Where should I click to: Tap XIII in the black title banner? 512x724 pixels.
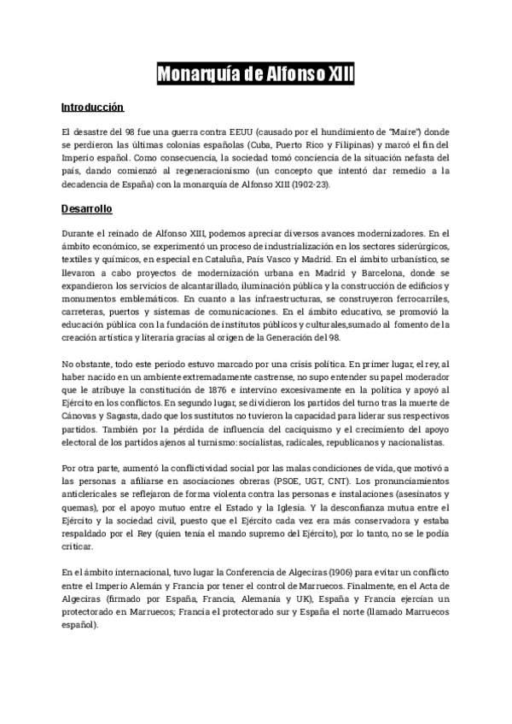[x=335, y=77]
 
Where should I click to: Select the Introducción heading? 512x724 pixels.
[x=92, y=108]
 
